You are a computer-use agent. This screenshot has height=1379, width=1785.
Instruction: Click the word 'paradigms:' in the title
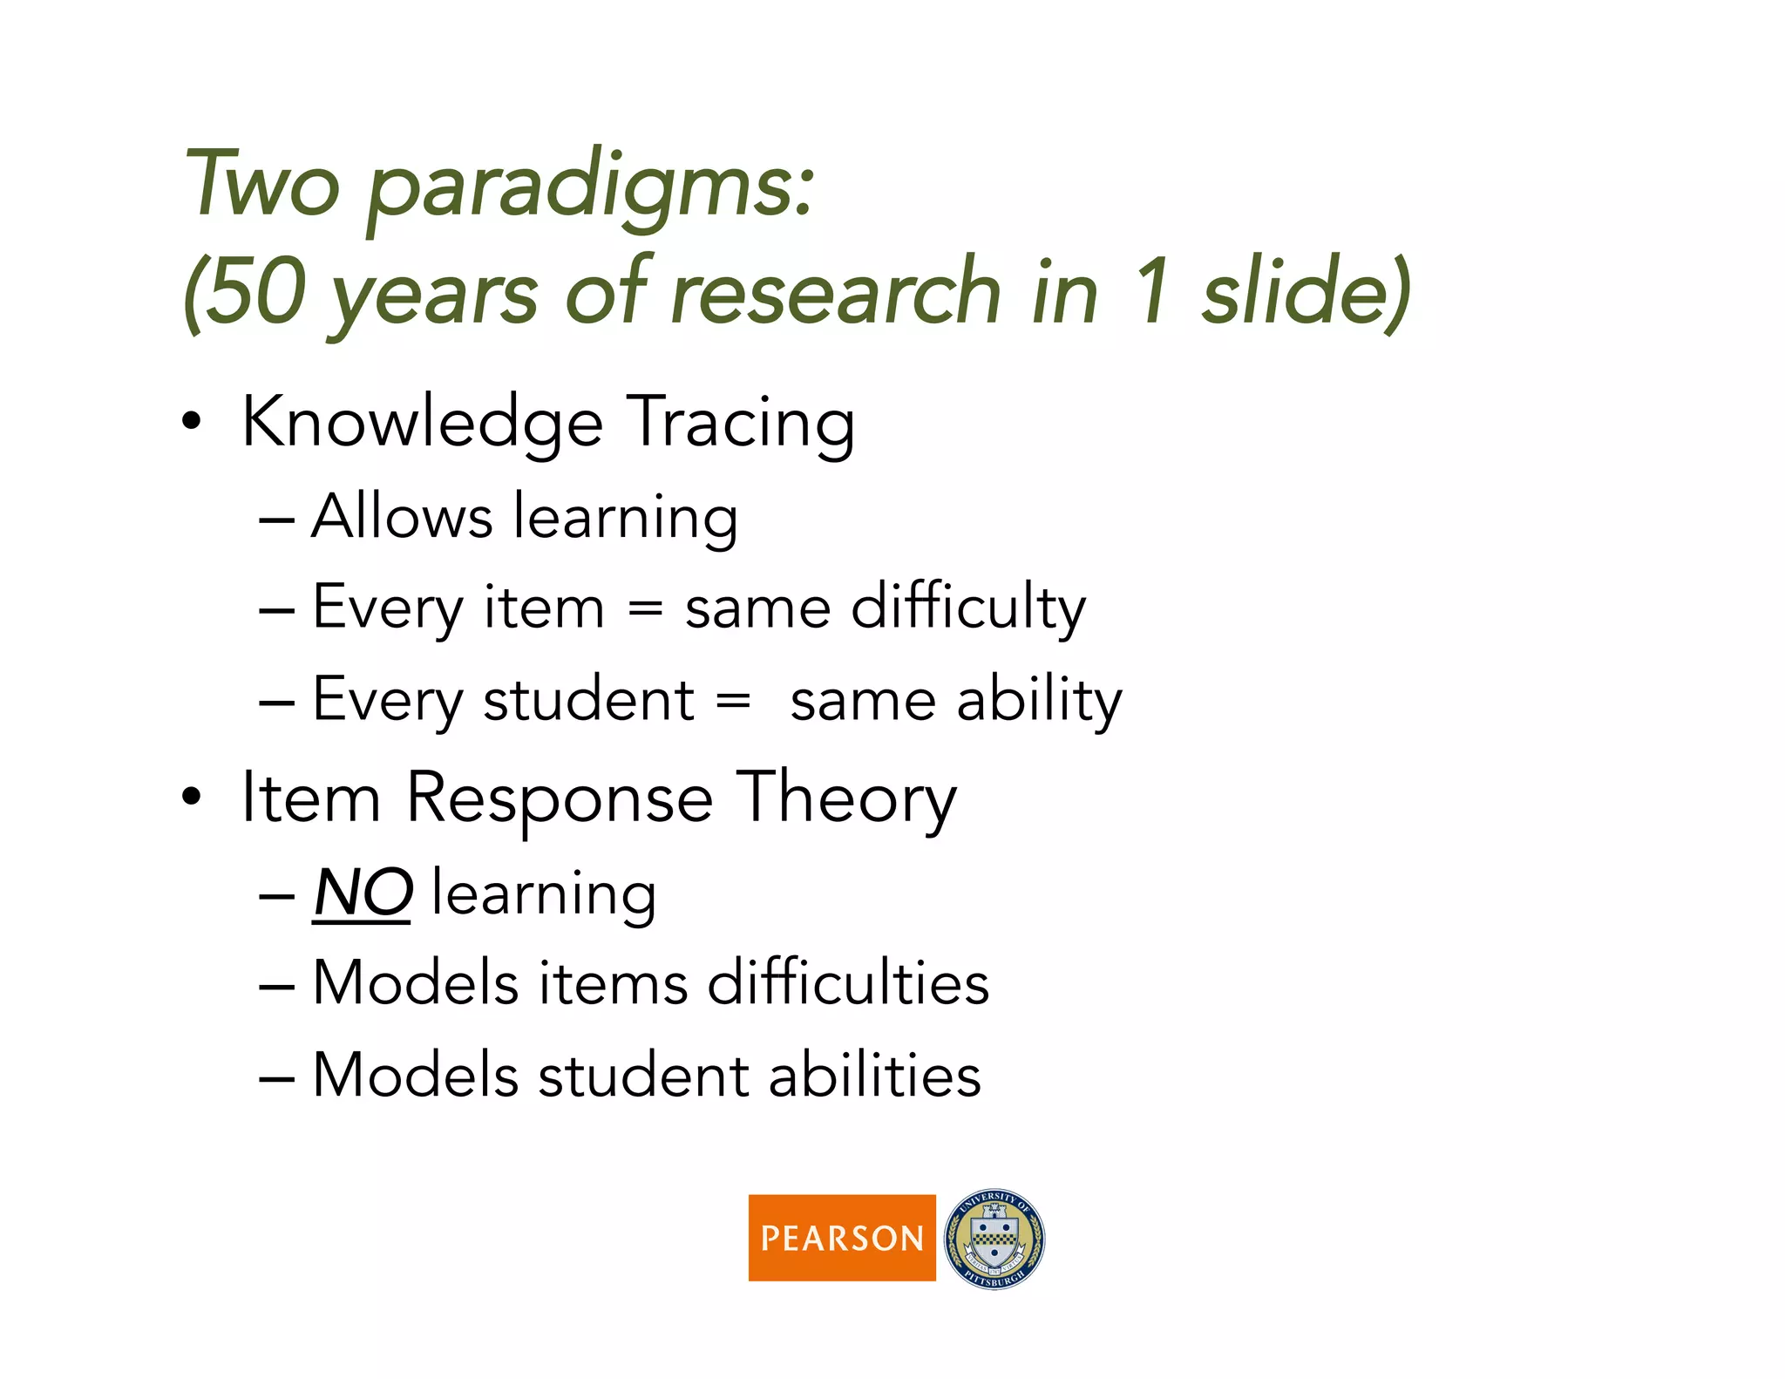tap(591, 187)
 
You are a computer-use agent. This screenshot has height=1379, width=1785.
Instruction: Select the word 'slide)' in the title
tap(1305, 293)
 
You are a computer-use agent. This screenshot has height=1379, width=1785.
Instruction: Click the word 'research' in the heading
tap(836, 293)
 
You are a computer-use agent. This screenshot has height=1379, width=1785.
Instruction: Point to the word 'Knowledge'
tap(422, 424)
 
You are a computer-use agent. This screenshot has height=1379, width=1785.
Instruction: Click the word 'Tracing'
tap(741, 424)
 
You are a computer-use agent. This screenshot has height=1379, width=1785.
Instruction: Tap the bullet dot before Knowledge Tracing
tap(192, 423)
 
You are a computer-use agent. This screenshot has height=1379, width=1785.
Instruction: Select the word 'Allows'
tap(402, 517)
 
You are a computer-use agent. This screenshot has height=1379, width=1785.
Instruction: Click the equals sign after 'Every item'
tap(645, 608)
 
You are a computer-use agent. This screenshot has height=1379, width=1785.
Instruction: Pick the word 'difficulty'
tap(968, 608)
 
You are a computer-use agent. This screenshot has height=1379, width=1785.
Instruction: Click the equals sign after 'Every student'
tap(733, 700)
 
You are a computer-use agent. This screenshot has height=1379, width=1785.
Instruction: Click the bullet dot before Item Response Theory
tap(192, 797)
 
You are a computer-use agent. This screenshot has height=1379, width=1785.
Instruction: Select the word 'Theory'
tap(846, 798)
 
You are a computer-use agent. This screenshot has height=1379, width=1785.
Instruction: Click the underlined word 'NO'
tap(363, 894)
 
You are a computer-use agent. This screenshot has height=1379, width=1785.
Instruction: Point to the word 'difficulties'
tap(848, 983)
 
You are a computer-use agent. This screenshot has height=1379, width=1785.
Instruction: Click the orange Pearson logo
tap(841, 1237)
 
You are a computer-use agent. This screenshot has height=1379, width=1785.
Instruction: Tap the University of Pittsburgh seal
tap(994, 1239)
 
